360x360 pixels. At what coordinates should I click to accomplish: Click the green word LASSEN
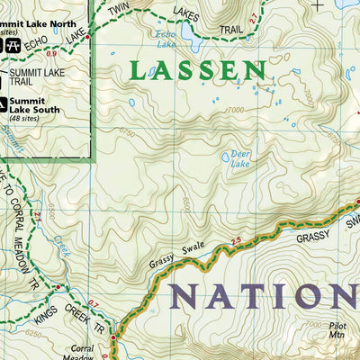click(x=197, y=71)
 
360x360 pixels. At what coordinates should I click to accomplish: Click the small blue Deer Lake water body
click(x=226, y=157)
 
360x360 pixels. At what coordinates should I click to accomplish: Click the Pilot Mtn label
click(x=339, y=337)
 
